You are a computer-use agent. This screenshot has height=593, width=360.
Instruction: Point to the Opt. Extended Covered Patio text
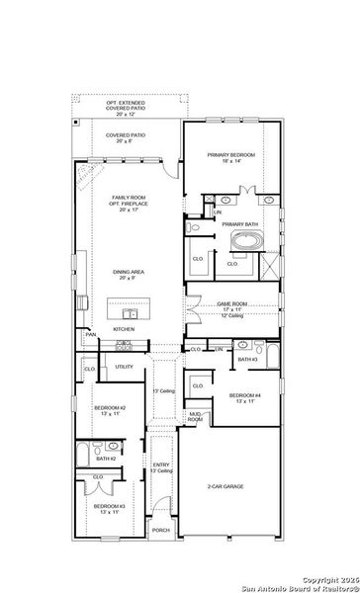[x=126, y=106]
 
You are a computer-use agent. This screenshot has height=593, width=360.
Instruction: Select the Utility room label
[x=124, y=367]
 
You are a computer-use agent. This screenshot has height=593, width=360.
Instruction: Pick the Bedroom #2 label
[x=109, y=410]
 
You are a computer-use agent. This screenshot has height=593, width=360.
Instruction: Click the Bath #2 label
[x=106, y=459]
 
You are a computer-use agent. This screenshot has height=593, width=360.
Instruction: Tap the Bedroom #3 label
[x=109, y=509]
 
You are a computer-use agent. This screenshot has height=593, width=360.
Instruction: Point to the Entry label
[x=162, y=467]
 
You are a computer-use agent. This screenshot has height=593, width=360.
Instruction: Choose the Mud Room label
[x=195, y=416]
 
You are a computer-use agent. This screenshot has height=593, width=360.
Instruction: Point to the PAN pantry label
[x=90, y=335]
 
